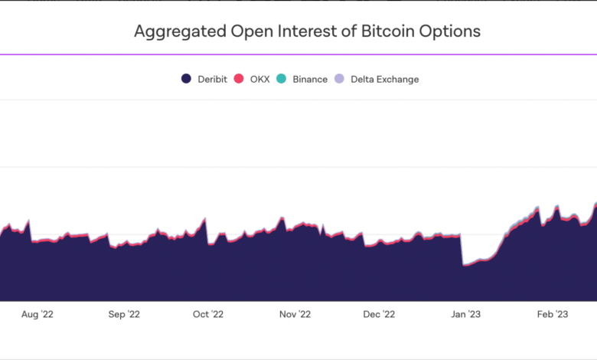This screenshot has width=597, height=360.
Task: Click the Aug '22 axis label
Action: point(37,314)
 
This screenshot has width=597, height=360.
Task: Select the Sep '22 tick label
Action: point(124,314)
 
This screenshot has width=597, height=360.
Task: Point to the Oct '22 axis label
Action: point(207,314)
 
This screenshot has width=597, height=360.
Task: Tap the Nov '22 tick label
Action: point(295,314)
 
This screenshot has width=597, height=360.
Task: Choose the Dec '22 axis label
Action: point(379,314)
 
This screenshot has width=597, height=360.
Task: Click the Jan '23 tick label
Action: point(465,314)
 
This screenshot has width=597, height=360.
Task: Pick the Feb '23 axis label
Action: point(552,314)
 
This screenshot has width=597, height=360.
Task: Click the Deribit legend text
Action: point(212,79)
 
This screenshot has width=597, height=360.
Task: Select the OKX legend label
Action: point(259,79)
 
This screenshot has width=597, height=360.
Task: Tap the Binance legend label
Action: point(310,79)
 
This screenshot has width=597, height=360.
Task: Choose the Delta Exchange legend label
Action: point(384,79)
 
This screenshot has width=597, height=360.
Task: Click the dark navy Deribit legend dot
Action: point(186,79)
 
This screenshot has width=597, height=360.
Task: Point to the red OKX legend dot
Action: point(238,79)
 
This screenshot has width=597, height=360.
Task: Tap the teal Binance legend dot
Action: point(281,79)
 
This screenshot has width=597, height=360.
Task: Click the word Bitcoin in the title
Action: point(387,31)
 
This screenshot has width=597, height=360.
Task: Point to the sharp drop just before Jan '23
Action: point(462,250)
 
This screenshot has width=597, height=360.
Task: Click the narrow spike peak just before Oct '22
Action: point(205,220)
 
